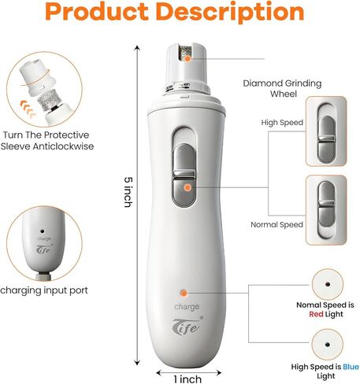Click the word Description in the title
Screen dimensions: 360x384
click(230, 13)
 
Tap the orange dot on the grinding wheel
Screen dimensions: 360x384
click(187, 59)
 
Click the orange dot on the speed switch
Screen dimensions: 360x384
click(187, 187)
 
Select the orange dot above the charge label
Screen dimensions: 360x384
click(184, 293)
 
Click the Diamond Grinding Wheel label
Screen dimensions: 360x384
click(282, 88)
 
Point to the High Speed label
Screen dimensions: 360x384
click(282, 123)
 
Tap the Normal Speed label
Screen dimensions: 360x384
click(276, 225)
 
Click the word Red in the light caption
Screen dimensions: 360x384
click(316, 314)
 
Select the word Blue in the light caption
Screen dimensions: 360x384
click(351, 367)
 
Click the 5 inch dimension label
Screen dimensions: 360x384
click(128, 192)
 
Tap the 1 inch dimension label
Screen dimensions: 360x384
click(187, 379)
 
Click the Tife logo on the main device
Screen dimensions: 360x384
click(187, 326)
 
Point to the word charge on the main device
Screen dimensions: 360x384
click(187, 307)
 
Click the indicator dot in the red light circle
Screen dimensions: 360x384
click(328, 284)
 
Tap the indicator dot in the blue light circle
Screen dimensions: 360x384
click(328, 345)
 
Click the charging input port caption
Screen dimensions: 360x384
click(44, 290)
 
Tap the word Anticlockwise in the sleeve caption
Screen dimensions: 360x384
click(63, 146)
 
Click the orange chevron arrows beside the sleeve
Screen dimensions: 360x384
click(28, 109)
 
